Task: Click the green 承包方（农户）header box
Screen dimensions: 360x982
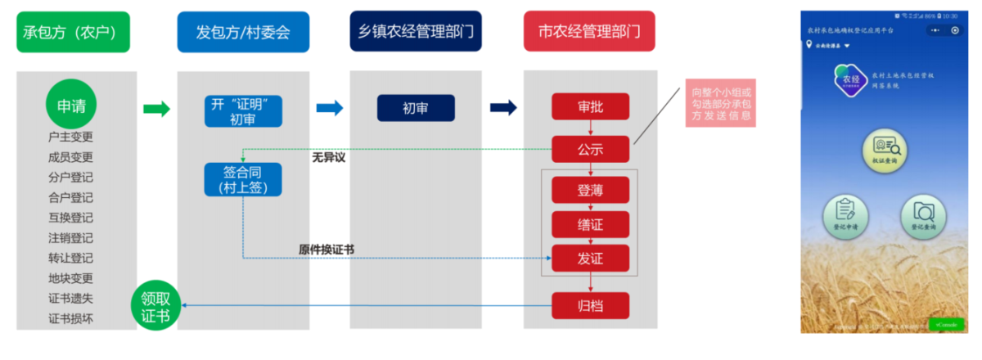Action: (73, 32)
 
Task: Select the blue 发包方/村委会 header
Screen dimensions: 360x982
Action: (242, 32)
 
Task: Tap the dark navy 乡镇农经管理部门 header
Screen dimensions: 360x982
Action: (415, 32)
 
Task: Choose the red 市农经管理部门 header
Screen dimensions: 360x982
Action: (589, 32)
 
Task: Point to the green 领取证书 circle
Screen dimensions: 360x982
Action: (155, 306)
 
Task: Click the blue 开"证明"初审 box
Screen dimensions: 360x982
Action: (243, 111)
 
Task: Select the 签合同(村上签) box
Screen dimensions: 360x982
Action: (243, 180)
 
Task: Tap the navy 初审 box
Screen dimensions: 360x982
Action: (415, 108)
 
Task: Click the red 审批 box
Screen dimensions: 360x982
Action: (590, 107)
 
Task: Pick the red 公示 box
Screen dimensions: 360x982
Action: (590, 149)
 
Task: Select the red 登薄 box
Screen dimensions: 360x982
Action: (590, 190)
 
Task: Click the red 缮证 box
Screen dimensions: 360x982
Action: (590, 224)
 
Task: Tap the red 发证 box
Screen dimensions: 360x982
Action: (590, 259)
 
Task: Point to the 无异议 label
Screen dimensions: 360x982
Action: (329, 157)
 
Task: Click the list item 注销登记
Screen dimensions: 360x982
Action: (71, 238)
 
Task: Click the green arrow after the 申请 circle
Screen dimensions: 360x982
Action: (156, 109)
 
